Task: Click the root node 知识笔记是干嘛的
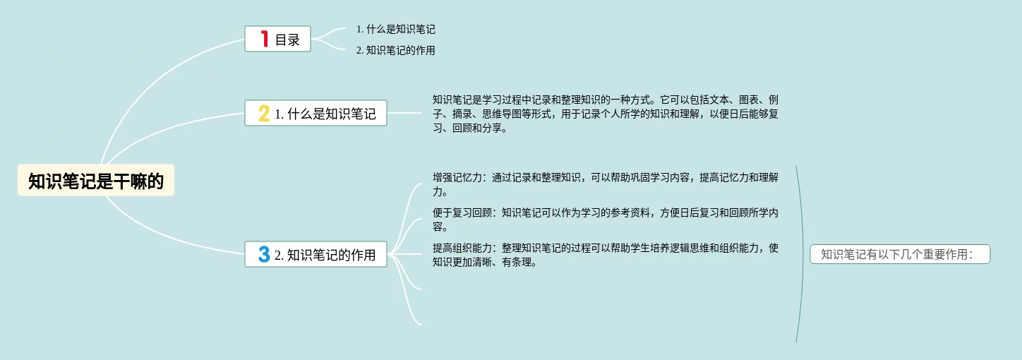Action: click(96, 181)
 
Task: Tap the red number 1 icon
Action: click(265, 39)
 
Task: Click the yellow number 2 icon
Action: click(264, 113)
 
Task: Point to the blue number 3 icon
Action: click(264, 254)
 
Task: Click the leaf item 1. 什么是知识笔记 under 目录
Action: click(395, 30)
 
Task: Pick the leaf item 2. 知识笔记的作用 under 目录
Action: click(395, 50)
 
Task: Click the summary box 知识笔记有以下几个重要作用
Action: click(900, 255)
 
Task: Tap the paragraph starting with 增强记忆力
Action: click(605, 184)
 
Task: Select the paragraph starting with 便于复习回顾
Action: click(605, 220)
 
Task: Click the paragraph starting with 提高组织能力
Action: click(605, 255)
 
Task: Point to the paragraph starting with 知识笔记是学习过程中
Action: click(605, 114)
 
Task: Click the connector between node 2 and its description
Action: click(404, 113)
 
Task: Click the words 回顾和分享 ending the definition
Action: click(480, 128)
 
